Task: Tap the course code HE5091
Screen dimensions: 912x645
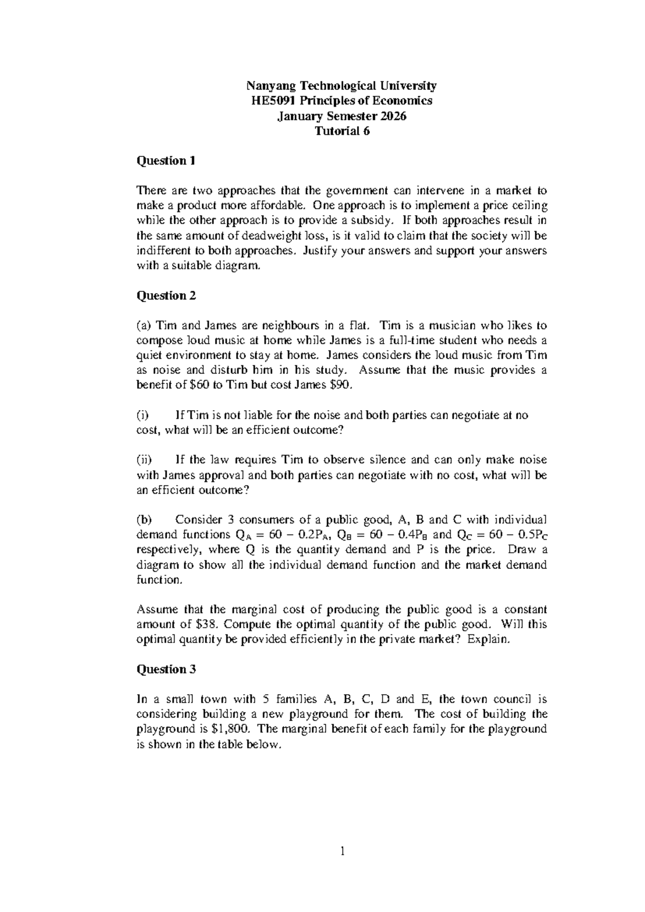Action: coord(270,101)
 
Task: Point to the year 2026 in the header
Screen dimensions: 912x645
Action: coord(393,116)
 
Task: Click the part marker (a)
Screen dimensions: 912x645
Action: coord(145,326)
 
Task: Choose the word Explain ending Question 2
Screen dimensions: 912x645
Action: coord(488,640)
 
